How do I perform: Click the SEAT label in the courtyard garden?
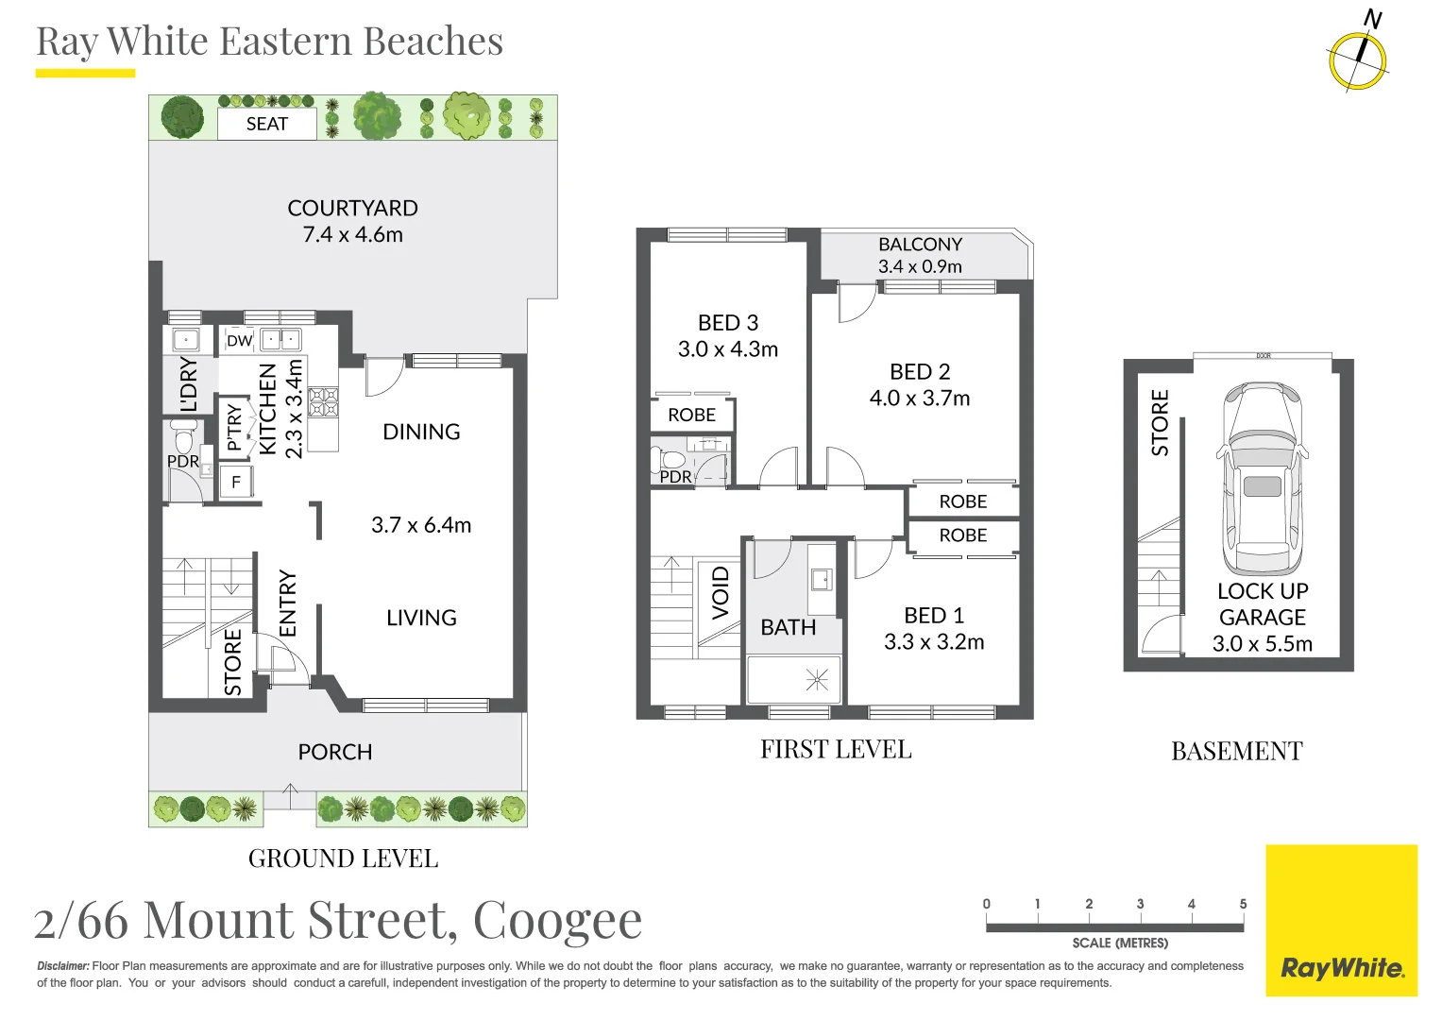266,125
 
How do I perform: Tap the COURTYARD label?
352,208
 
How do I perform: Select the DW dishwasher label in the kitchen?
239,341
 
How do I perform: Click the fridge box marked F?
236,483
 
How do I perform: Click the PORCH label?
335,752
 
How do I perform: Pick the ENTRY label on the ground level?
288,603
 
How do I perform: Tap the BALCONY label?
920,245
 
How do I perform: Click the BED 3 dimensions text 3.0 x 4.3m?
728,349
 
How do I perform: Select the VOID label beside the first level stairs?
721,592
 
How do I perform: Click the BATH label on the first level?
789,627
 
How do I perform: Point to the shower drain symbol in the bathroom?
817,679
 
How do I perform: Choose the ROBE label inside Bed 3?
691,415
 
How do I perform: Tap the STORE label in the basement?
1160,422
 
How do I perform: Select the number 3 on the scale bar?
1140,904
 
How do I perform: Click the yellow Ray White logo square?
1341,920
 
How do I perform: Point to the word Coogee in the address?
557,920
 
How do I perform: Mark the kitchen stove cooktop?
323,402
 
